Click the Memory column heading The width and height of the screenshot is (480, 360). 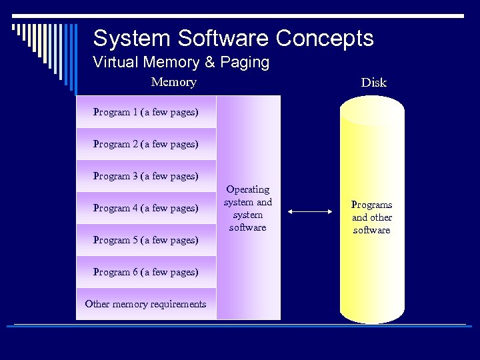click(174, 82)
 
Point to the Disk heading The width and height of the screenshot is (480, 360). click(373, 83)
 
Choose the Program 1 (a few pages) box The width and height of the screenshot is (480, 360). click(146, 112)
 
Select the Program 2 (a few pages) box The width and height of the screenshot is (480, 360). click(146, 144)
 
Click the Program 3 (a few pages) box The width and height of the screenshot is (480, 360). click(146, 176)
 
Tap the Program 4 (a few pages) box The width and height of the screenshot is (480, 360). click(146, 208)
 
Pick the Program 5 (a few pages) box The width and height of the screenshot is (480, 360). click(146, 240)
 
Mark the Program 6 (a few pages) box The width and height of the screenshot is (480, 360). click(146, 272)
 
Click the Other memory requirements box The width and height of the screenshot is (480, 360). click(146, 304)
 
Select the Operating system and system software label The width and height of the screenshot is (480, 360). click(248, 209)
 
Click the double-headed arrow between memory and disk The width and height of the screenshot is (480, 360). click(310, 212)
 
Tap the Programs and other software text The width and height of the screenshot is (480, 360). click(372, 217)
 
